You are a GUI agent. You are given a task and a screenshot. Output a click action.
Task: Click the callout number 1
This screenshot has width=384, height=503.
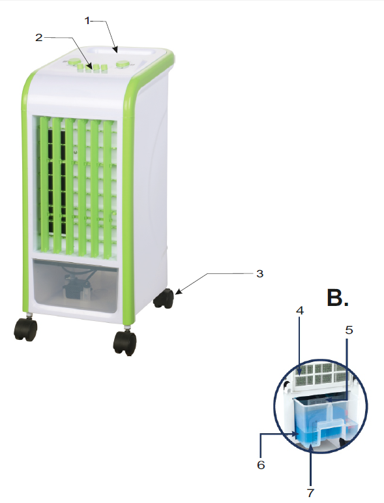click(x=87, y=20)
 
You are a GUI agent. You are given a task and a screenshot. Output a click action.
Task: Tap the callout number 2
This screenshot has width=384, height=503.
click(x=38, y=38)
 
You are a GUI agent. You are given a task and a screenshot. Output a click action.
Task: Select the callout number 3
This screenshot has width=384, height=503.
click(x=259, y=273)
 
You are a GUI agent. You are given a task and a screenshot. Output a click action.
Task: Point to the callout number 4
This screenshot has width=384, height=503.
click(x=300, y=311)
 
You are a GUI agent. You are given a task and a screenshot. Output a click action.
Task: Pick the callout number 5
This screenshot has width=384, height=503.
click(x=349, y=329)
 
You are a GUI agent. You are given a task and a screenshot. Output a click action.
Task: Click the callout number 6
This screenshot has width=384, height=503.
click(x=261, y=465)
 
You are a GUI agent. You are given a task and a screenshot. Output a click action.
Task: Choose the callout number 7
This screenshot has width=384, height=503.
click(x=310, y=493)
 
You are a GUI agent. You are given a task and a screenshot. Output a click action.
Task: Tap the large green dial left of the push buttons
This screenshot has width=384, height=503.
click(x=74, y=61)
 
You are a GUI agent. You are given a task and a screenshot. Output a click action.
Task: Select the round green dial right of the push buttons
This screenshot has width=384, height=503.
click(x=122, y=64)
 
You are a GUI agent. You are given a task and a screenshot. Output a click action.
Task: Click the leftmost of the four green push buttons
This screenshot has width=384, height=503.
click(x=80, y=67)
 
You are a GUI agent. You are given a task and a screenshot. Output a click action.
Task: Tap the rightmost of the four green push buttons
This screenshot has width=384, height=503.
click(x=103, y=69)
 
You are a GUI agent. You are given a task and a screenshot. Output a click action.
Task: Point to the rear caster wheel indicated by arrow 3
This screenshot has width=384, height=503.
click(x=164, y=299)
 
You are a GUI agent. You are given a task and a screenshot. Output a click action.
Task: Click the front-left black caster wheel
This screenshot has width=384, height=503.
click(x=25, y=329)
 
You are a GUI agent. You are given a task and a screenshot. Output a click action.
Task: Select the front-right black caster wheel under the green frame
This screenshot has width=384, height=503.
click(x=125, y=343)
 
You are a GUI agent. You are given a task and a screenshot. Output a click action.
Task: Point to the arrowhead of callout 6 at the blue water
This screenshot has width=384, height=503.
click(x=297, y=434)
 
